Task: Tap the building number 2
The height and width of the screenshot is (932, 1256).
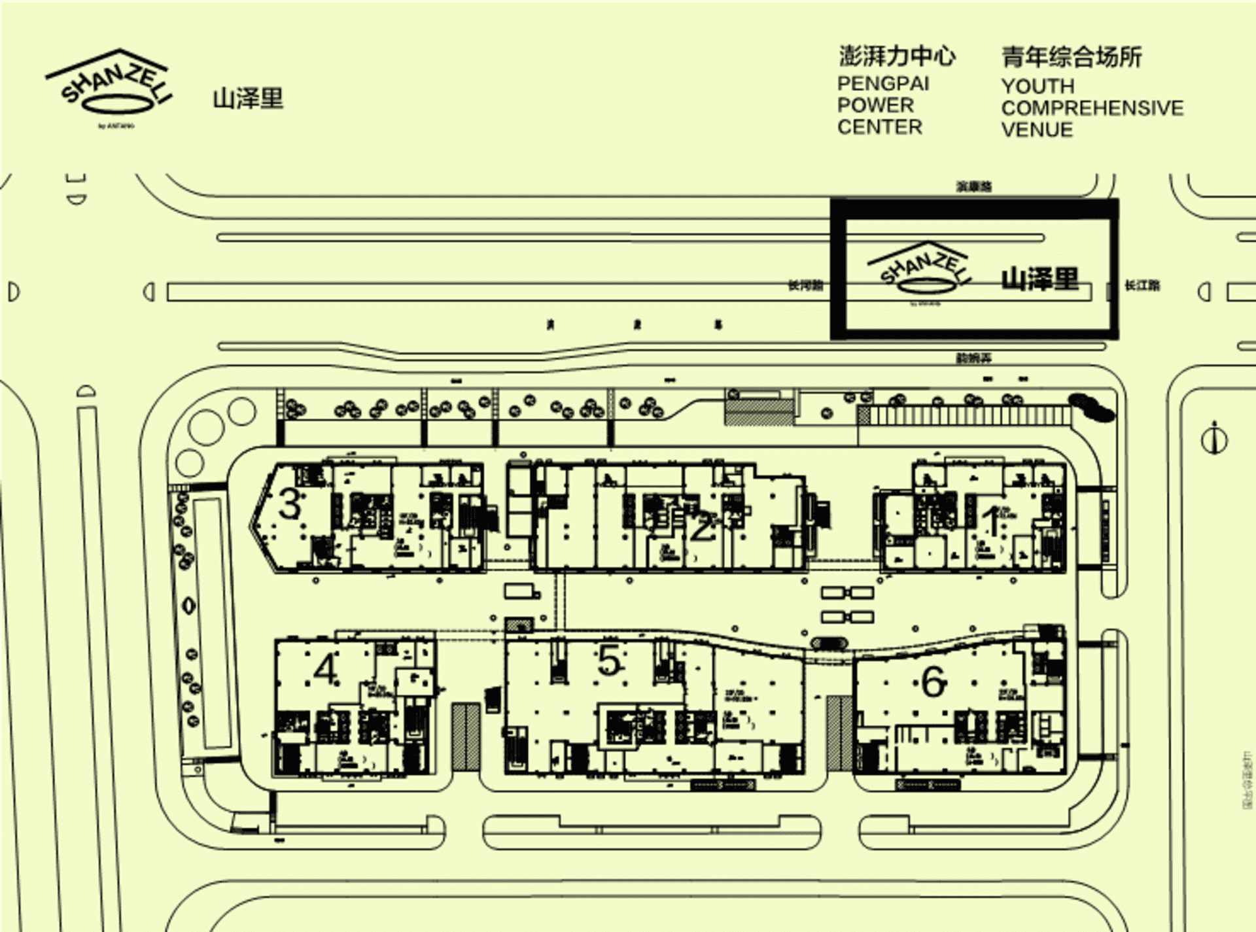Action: [x=701, y=527]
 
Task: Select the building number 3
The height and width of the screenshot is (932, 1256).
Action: [x=290, y=504]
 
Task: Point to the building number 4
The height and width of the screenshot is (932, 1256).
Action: [x=325, y=668]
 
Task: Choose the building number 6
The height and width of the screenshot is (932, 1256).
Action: [x=933, y=682]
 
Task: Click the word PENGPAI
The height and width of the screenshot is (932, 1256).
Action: [x=883, y=84]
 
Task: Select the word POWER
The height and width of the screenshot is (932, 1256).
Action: [x=875, y=105]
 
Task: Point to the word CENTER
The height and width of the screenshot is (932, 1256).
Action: [x=880, y=127]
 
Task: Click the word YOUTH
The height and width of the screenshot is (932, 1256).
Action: [x=1038, y=86]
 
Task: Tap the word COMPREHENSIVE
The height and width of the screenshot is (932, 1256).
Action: [x=1092, y=108]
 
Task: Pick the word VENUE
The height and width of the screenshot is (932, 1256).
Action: [x=1037, y=129]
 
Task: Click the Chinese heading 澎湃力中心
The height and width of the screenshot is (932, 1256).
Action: [x=897, y=56]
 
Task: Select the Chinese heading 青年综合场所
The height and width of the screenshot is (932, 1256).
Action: [x=1072, y=57]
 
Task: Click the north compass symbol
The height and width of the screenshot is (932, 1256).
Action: [x=1214, y=438]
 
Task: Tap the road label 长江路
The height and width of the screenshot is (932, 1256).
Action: [x=1142, y=285]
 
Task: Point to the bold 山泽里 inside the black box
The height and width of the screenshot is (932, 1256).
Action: [x=1040, y=279]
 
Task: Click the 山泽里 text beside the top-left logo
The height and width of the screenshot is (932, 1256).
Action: [x=248, y=99]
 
